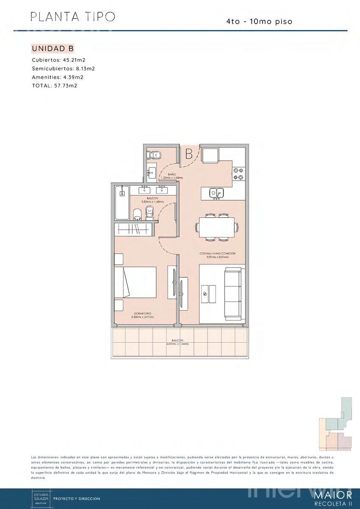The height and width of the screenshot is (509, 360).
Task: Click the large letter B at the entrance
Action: (189, 154)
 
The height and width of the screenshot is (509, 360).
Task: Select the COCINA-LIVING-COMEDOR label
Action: (217, 253)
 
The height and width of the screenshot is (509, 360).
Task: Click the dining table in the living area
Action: (217, 227)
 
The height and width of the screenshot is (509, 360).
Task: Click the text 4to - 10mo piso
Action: (259, 21)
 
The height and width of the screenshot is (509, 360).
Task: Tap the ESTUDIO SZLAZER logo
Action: (42, 498)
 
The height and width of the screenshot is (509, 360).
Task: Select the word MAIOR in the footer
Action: (332, 495)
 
